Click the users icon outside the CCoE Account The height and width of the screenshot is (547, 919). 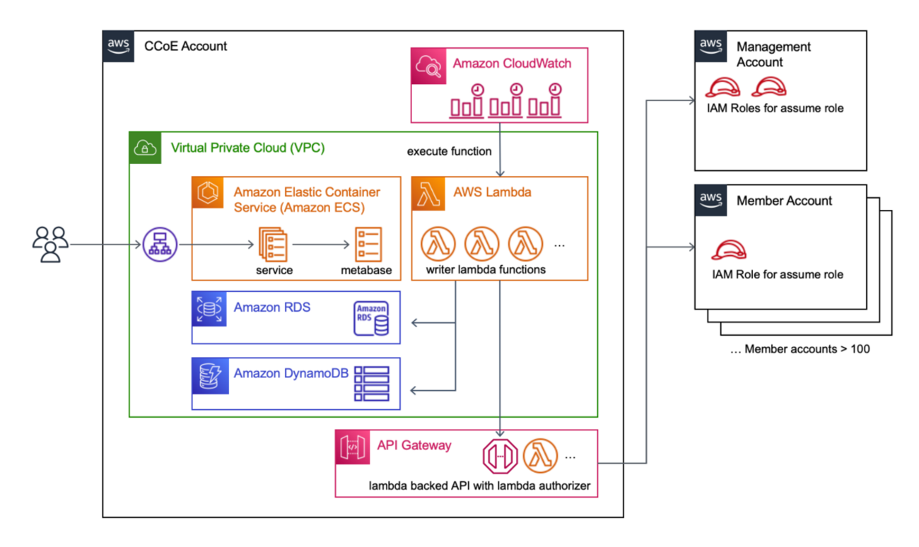point(50,245)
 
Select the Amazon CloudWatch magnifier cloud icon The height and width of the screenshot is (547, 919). point(428,64)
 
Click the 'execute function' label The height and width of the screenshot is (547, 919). point(450,151)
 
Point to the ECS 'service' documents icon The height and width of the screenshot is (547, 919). point(273,244)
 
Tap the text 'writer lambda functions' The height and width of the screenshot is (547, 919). point(486,269)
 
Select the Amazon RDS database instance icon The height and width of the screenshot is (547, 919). point(371,319)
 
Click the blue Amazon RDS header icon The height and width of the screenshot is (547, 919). point(209,309)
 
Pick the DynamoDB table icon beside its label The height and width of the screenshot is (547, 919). point(371,383)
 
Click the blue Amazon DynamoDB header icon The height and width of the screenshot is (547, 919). point(209,375)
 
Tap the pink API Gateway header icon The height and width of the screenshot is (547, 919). point(352,447)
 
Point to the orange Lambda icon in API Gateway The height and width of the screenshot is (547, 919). point(541,456)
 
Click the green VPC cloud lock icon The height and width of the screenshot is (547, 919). point(146,148)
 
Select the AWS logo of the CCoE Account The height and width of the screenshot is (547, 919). point(119,47)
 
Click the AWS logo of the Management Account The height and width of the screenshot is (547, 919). point(710,47)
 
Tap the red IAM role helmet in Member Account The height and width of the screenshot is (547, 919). point(728,250)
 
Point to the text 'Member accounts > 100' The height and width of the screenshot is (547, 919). point(800,348)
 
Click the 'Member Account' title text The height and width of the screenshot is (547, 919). point(784,201)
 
